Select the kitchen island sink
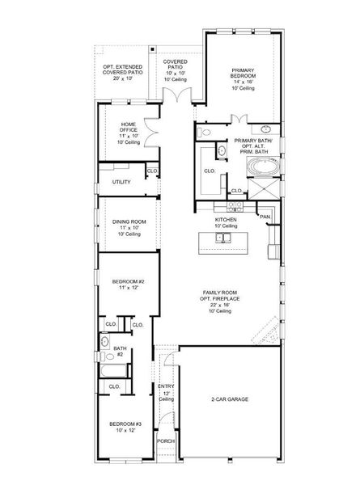pos(224,238)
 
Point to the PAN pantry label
pos(265,217)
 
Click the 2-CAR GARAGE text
pos(231,400)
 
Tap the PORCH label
pos(166,441)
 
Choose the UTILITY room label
pos(121,182)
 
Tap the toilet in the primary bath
pos(205,131)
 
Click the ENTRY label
pos(166,386)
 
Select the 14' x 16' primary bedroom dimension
pos(242,82)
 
